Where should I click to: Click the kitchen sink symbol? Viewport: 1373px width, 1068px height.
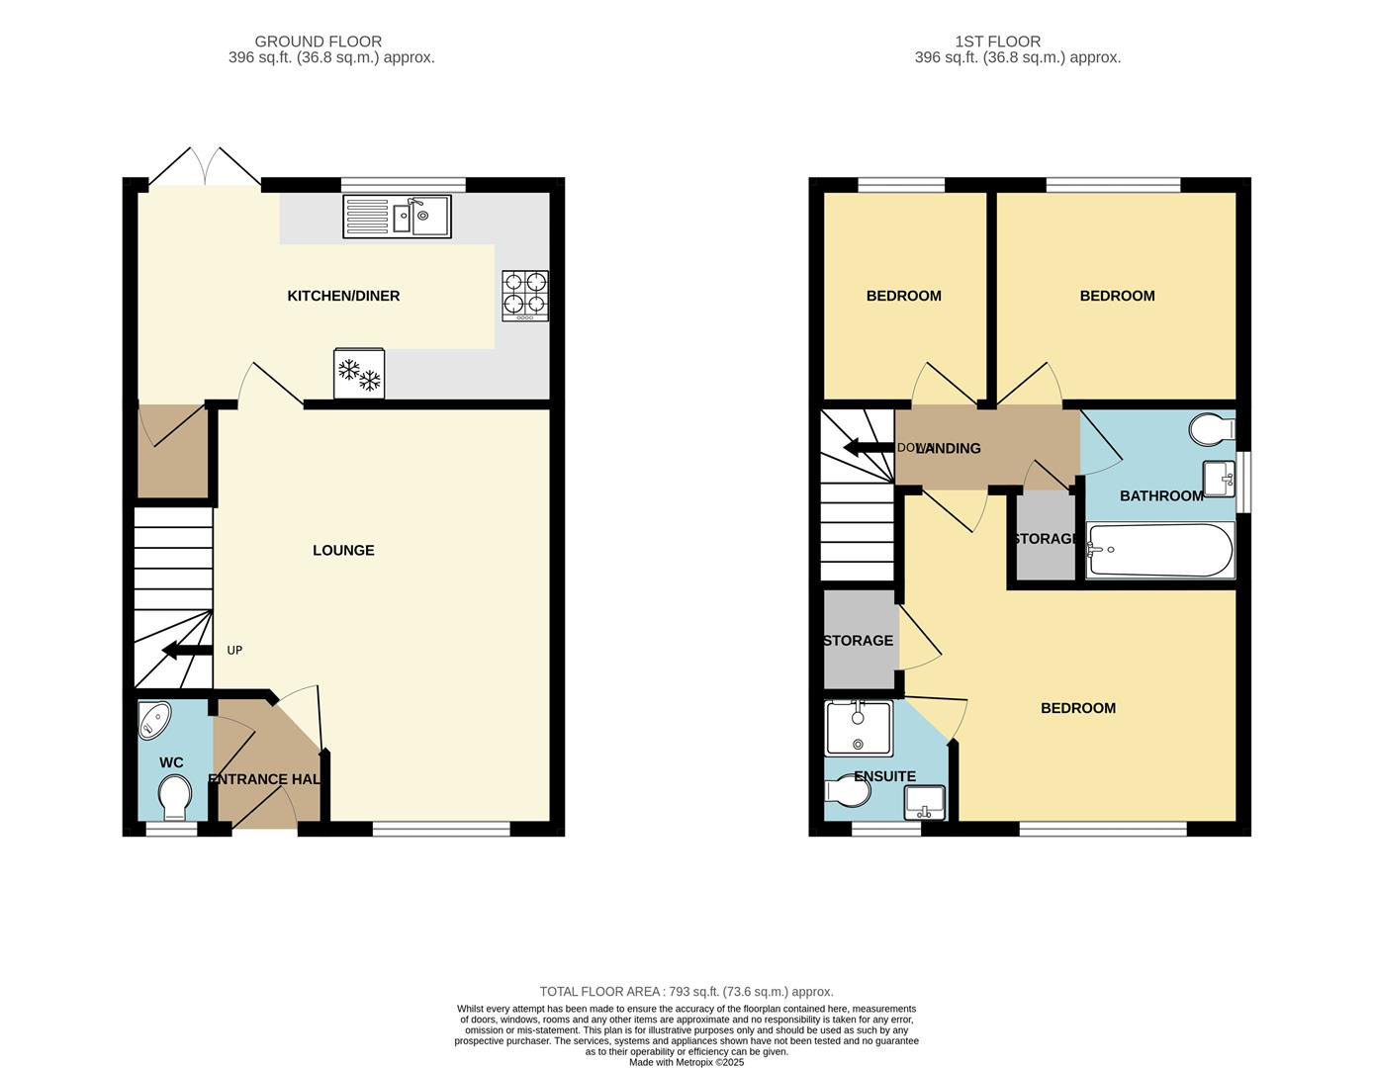397,217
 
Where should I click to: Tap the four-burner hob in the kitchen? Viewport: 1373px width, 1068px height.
524,295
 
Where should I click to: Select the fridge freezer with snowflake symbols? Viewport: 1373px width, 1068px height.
359,374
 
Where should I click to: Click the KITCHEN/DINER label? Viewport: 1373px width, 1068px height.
343,296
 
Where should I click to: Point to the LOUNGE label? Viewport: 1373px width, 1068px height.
343,550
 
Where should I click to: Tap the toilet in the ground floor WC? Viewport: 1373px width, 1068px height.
175,795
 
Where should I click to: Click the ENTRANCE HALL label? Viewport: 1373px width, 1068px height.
264,779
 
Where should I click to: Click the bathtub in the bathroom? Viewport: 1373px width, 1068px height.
1159,550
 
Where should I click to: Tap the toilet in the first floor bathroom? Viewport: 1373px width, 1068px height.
1212,430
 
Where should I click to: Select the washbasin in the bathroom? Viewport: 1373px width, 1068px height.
1219,480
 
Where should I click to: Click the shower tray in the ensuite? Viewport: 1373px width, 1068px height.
858,728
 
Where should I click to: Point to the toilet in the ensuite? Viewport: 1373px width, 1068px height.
845,792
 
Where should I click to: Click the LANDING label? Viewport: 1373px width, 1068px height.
949,448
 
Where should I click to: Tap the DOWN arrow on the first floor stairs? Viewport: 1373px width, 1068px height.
868,448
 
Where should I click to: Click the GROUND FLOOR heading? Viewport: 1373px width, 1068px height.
318,42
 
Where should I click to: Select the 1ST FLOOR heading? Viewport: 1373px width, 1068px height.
997,42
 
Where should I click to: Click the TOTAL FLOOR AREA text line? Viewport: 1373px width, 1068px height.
686,991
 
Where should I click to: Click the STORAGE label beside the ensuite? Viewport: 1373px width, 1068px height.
859,641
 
